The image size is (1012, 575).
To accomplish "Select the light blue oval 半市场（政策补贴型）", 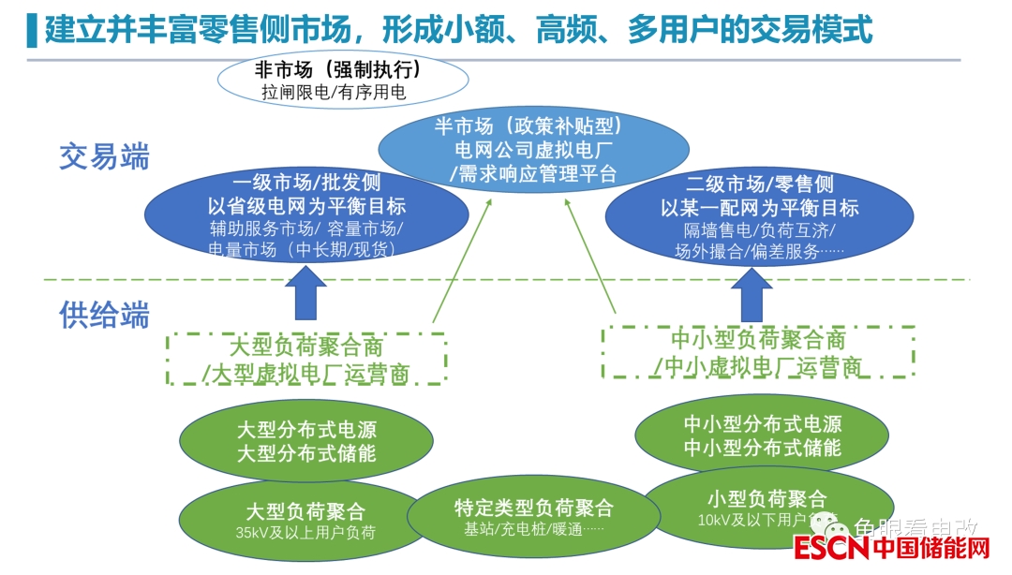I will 534,150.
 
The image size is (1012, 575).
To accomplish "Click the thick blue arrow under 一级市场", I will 306,292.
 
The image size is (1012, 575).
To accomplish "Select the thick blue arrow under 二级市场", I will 758,294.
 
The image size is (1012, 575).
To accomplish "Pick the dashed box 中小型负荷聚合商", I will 758,352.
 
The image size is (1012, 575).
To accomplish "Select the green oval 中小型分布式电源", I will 762,435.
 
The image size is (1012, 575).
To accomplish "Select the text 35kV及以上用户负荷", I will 305,534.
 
